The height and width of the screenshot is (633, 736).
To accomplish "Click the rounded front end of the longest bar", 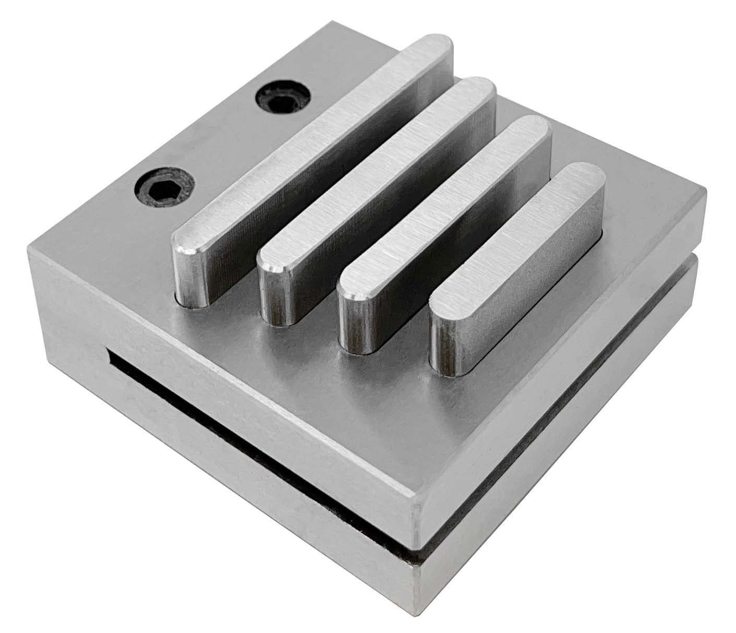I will pos(189,271).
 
